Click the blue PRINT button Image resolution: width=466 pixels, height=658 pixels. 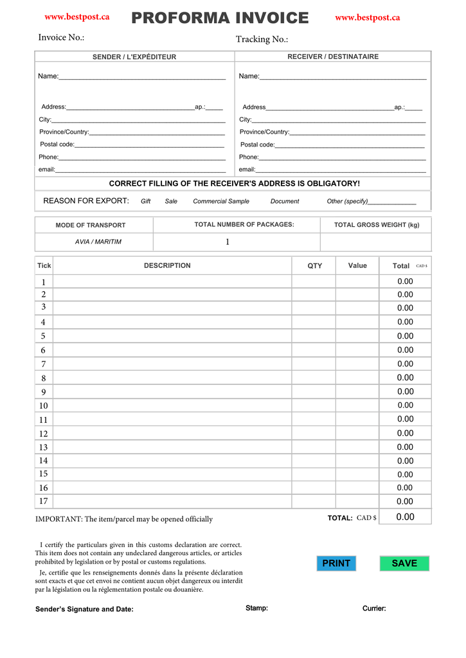(x=336, y=564)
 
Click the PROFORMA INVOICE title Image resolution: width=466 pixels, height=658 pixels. (x=220, y=18)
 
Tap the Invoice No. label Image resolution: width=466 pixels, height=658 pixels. (x=61, y=37)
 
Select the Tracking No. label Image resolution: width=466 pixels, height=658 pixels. (x=262, y=39)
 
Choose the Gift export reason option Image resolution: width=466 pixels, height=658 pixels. (x=145, y=201)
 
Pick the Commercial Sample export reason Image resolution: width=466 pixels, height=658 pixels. (x=221, y=201)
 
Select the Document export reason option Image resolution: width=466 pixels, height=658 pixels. (x=285, y=201)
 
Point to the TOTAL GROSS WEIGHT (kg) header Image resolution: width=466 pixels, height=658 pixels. (x=376, y=225)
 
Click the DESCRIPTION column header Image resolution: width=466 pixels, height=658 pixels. (x=167, y=265)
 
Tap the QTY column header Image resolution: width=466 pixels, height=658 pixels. (x=314, y=265)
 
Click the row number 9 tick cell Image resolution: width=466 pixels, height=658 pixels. (x=44, y=392)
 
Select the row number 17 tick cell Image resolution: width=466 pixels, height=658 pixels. (x=44, y=501)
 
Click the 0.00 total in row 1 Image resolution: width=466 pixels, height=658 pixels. (x=405, y=281)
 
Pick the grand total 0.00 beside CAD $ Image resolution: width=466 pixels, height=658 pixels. (x=405, y=517)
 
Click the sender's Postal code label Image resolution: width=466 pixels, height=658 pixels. (x=57, y=145)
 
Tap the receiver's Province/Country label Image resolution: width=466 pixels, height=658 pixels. (x=264, y=132)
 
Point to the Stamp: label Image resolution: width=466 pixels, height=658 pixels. (x=256, y=609)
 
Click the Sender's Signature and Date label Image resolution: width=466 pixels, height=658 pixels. (x=84, y=609)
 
